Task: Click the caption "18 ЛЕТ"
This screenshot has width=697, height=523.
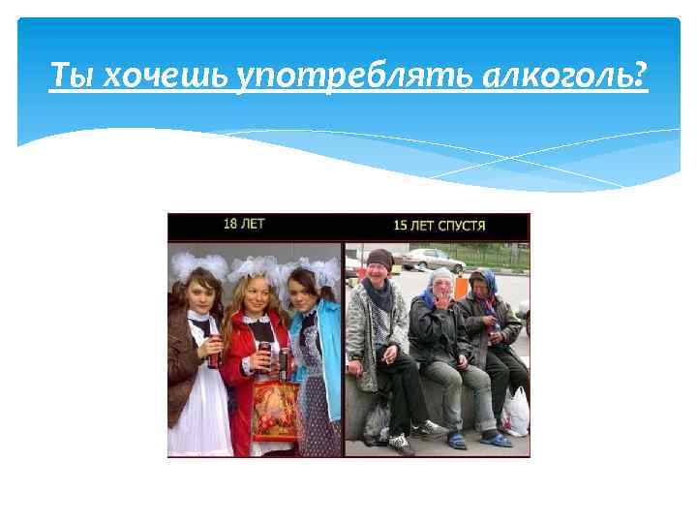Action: pos(244,225)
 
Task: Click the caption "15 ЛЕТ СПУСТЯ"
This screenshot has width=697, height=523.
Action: pos(439,226)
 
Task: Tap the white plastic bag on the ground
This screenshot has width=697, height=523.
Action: pos(515,412)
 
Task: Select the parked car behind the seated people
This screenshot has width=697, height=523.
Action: pos(432,258)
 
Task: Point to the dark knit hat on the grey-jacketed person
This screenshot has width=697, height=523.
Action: pos(379,258)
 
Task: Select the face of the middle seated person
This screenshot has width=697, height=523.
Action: pos(441,284)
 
